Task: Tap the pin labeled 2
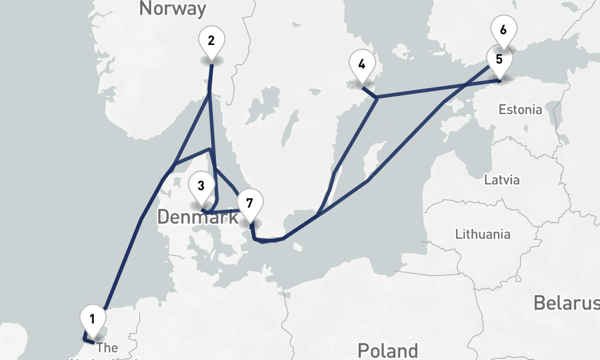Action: (x=211, y=42)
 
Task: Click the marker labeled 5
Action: (x=499, y=61)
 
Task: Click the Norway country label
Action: (x=172, y=8)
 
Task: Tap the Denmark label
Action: (x=198, y=217)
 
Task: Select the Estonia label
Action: (x=520, y=110)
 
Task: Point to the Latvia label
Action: (x=502, y=180)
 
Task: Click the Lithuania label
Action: (x=483, y=234)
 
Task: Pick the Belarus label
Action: (x=566, y=303)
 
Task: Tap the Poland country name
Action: (x=388, y=350)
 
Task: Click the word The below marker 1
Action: (x=107, y=347)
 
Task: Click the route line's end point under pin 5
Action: (x=499, y=80)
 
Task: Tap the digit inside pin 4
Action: (x=361, y=64)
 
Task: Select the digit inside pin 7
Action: (x=250, y=202)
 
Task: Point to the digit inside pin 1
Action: (x=92, y=318)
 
